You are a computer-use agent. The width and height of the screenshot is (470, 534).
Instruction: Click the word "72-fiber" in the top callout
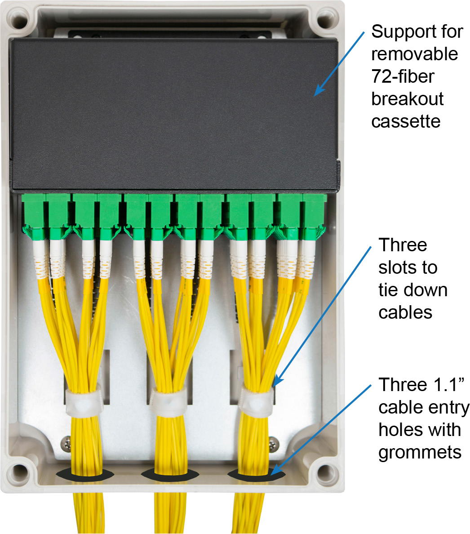(x=403, y=77)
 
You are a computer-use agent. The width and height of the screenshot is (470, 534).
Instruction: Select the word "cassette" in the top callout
(x=405, y=121)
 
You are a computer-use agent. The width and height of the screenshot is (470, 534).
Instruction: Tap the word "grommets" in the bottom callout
(x=420, y=452)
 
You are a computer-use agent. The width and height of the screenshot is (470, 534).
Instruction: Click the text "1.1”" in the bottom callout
(x=446, y=385)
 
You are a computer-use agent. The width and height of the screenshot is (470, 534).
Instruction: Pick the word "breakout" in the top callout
(x=407, y=99)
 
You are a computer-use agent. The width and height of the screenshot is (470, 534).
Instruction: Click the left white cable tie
(x=84, y=402)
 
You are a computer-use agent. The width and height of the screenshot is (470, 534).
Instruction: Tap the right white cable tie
(x=257, y=398)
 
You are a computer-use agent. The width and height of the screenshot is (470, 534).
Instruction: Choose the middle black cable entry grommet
(x=170, y=475)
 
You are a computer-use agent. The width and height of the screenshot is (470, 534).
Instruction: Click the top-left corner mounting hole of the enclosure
(x=21, y=21)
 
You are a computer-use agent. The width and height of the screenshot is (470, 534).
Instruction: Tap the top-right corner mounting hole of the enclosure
(x=324, y=21)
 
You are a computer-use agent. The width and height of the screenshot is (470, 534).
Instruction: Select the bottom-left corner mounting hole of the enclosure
(x=20, y=472)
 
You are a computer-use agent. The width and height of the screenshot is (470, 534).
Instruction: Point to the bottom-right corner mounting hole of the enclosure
(x=324, y=472)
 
